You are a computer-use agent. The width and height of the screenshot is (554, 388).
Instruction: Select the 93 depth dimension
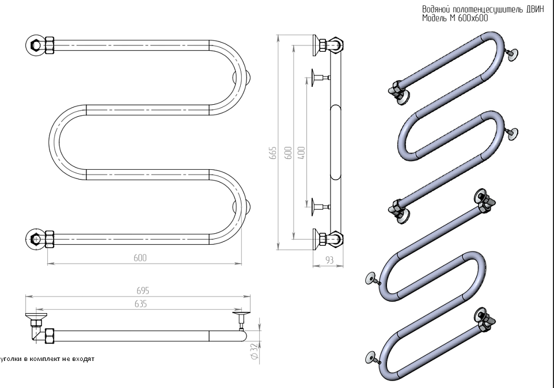pos(329,260)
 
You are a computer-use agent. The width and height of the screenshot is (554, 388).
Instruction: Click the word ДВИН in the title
pos(534,10)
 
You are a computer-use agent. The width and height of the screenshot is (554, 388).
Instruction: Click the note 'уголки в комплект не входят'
pos(47,359)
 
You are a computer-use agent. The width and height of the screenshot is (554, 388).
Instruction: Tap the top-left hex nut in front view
pos(35,44)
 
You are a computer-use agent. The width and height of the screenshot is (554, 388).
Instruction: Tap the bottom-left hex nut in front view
pos(35,237)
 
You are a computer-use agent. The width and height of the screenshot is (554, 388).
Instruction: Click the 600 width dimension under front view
pos(140,258)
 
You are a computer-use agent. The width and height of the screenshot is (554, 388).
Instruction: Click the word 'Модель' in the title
pos(435,18)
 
